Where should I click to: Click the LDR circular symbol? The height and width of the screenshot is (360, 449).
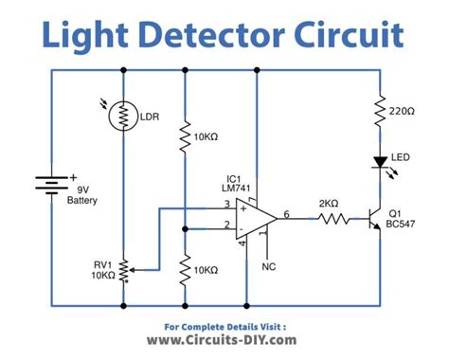124,117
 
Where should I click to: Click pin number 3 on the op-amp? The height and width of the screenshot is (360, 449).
226,206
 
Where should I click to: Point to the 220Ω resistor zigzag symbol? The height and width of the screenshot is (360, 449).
380,110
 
